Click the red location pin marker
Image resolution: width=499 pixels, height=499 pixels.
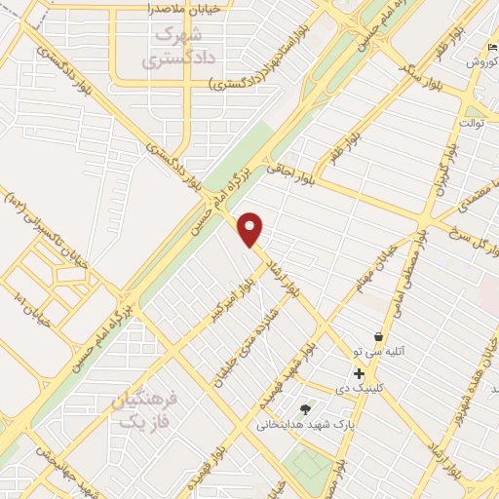click(x=251, y=229)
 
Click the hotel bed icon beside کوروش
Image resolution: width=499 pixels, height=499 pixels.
click(x=490, y=48)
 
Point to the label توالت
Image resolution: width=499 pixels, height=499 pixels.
click(x=472, y=124)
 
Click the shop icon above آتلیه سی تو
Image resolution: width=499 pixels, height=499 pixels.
click(x=377, y=336)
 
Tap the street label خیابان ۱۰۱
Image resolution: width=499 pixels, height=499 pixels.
click(x=27, y=292)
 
